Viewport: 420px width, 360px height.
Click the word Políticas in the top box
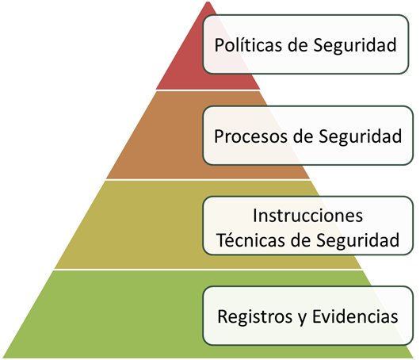click(x=248, y=44)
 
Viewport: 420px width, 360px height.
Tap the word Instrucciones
click(x=307, y=216)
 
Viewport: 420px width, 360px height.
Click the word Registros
click(x=254, y=316)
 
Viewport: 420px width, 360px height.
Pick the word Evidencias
click(x=355, y=316)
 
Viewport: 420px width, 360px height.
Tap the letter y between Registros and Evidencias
click(x=302, y=319)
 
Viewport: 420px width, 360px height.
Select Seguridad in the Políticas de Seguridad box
click(x=355, y=45)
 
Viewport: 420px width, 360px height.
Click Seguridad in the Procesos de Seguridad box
click(x=361, y=137)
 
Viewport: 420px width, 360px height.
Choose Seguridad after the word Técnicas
click(x=358, y=240)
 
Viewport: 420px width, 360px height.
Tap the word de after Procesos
click(x=303, y=136)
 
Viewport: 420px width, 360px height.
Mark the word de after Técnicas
click(x=300, y=239)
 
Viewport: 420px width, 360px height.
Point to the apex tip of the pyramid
click(x=208, y=2)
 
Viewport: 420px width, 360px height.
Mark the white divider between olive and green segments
click(x=208, y=270)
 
